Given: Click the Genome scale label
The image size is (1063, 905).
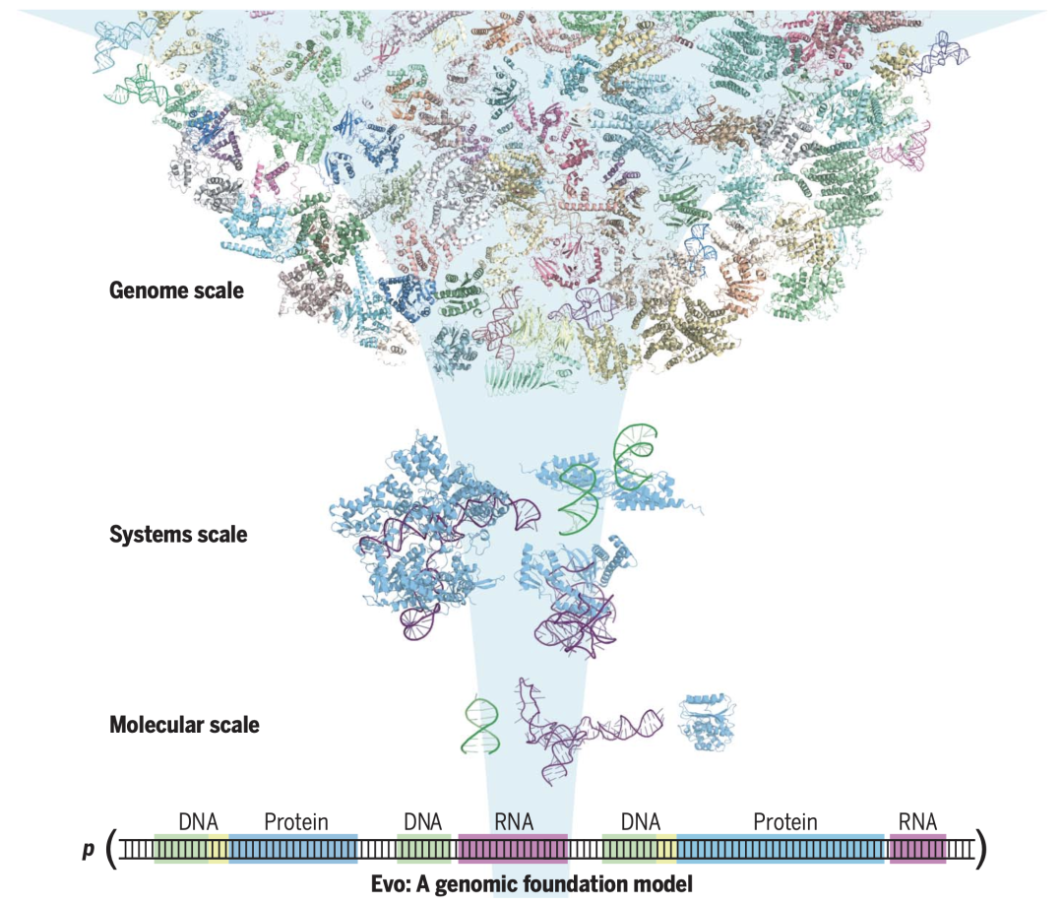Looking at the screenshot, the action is click(x=176, y=291).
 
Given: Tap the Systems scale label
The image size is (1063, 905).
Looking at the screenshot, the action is click(x=178, y=535).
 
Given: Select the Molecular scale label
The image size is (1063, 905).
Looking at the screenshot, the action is click(x=184, y=725).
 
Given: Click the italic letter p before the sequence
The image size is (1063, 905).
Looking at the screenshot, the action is click(x=89, y=850).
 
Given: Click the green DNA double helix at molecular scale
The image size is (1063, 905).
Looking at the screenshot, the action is click(x=481, y=727).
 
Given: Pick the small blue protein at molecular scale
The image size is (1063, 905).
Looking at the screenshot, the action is click(x=707, y=722).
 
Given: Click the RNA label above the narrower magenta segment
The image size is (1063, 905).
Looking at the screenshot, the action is click(x=917, y=821).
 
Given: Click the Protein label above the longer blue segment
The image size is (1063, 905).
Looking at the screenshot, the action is click(x=785, y=821).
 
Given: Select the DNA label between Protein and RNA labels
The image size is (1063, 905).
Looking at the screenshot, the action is click(x=422, y=821).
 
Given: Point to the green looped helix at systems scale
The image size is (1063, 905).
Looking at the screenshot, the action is click(x=634, y=457).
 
